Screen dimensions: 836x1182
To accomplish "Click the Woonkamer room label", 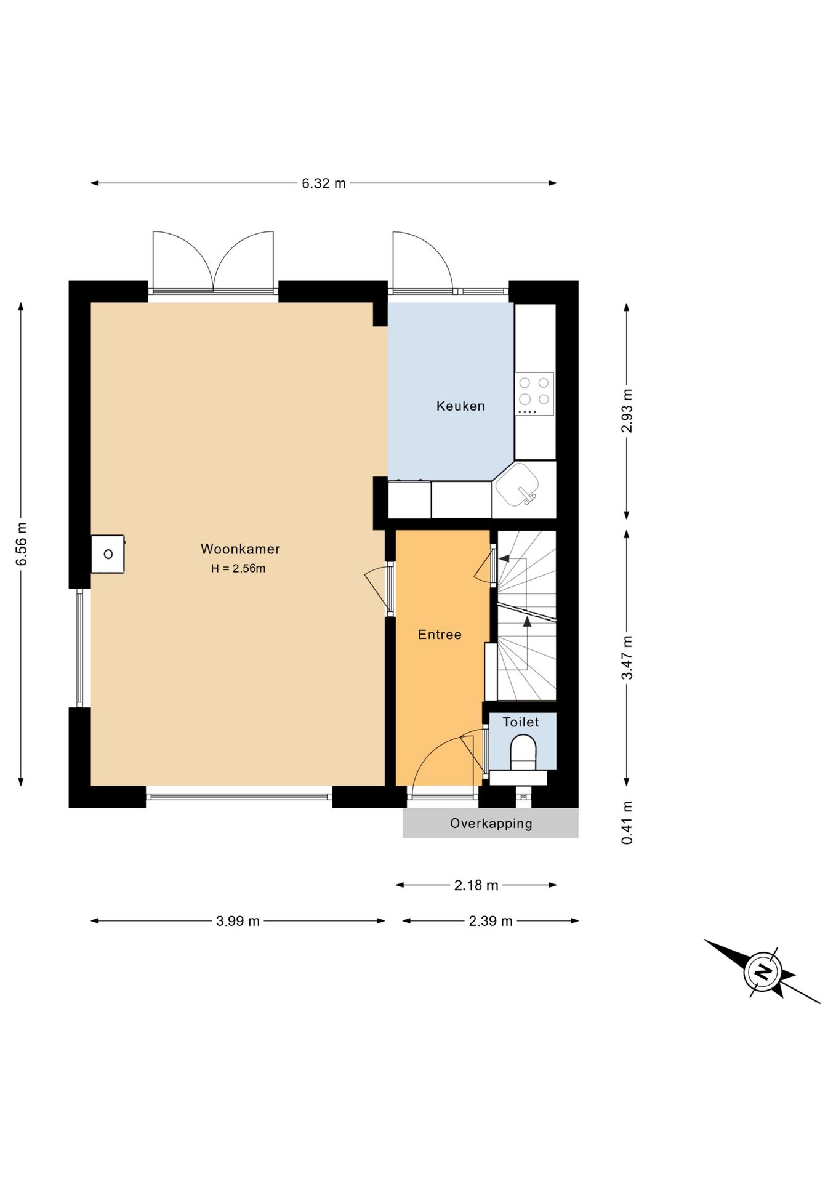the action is [240, 549].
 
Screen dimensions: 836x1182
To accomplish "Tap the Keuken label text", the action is [460, 406].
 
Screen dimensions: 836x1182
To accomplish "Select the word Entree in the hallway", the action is [440, 635].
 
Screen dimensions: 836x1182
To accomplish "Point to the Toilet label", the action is [521, 722].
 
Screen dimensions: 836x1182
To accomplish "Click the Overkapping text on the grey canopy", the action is [491, 824].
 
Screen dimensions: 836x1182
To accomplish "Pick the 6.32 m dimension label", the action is [324, 183].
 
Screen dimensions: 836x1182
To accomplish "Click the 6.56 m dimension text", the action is [22, 544].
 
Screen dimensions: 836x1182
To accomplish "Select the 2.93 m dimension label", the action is [627, 411].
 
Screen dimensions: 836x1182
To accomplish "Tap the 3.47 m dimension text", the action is [627, 657].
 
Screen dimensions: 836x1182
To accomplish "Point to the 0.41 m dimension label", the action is [627, 822].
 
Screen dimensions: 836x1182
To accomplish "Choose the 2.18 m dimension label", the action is [476, 885].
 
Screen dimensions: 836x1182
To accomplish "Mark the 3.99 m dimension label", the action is [238, 921].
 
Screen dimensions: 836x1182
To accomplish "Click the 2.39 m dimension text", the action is [491, 921].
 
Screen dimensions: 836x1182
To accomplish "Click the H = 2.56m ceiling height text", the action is [238, 568].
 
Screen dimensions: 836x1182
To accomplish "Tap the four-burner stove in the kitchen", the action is [534, 394].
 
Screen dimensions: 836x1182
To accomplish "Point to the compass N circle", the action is [762, 973].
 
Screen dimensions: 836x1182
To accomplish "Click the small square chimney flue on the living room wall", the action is [108, 554].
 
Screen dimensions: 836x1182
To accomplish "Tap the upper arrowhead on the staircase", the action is [504, 559].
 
